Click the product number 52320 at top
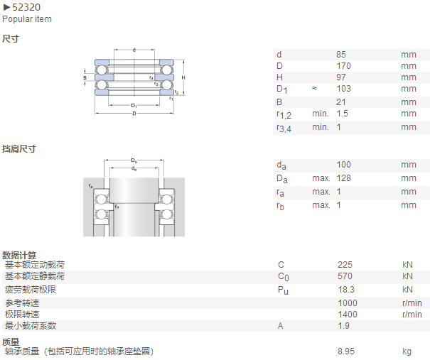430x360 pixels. point(26,7)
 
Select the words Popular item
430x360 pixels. point(27,19)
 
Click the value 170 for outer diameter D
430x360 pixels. point(343,66)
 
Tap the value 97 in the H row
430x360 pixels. point(341,77)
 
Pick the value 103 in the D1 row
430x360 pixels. point(343,89)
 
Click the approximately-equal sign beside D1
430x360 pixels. point(314,88)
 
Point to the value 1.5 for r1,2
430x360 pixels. point(343,114)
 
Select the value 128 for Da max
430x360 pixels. point(343,178)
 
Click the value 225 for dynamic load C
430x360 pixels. point(345,265)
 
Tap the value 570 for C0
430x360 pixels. point(345,276)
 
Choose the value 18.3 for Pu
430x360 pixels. point(346,290)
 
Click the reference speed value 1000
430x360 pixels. point(348,303)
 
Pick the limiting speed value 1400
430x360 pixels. point(348,315)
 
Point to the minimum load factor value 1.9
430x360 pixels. point(343,326)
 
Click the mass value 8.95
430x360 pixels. point(346,351)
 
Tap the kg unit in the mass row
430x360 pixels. point(407,351)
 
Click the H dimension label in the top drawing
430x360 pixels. point(183,77)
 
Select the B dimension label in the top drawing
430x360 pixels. point(85,78)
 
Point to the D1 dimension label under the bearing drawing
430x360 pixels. point(134,106)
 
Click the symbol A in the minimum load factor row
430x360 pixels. point(280,326)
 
